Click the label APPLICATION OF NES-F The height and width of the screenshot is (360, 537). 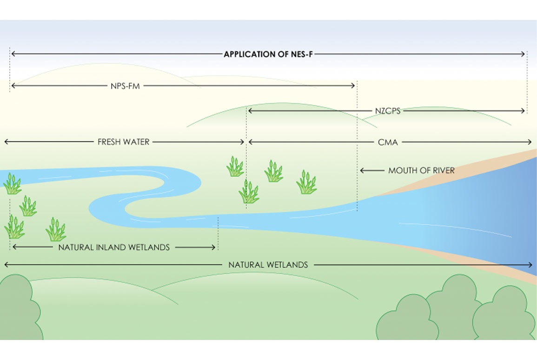pyautogui.click(x=269, y=54)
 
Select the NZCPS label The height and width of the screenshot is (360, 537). pyautogui.click(x=387, y=111)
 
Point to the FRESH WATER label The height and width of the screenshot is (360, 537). pyautogui.click(x=123, y=142)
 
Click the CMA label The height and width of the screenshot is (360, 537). pyautogui.click(x=388, y=142)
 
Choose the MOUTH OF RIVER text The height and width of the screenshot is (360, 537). pyautogui.click(x=421, y=171)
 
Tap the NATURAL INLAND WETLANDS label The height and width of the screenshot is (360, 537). pyautogui.click(x=114, y=247)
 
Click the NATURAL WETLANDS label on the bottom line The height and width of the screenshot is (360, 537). pyautogui.click(x=268, y=265)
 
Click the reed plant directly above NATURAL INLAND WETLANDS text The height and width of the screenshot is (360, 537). pyautogui.click(x=55, y=229)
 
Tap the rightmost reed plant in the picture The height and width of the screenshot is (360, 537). pyautogui.click(x=306, y=182)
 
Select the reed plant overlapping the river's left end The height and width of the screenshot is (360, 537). pyautogui.click(x=12, y=183)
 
